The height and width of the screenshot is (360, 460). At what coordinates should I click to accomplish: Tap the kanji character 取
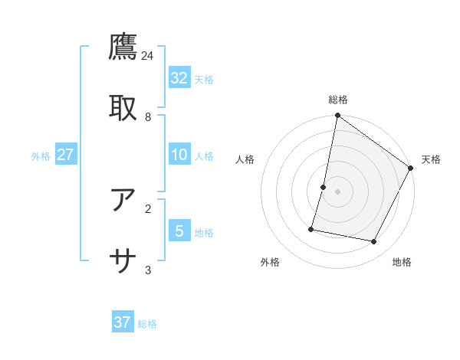point(123,106)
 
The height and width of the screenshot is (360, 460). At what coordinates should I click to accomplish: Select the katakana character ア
point(123,200)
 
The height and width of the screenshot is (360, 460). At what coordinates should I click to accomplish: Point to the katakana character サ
point(123,261)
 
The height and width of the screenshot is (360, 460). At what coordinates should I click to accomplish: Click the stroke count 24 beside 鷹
point(148,55)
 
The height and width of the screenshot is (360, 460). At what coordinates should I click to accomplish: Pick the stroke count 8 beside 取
point(148,116)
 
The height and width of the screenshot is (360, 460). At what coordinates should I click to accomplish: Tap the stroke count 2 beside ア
point(148,208)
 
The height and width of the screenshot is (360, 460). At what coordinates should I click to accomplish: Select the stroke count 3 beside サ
point(148,270)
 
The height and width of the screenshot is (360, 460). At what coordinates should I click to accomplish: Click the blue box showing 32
point(179,77)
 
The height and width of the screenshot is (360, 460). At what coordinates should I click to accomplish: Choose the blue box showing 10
point(179,155)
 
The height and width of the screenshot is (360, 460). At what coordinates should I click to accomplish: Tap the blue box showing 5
point(179,231)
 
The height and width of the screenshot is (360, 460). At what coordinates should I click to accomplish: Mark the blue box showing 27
point(66,155)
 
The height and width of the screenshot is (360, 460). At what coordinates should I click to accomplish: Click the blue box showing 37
point(123,322)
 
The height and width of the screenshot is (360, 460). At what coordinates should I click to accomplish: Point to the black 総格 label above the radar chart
point(338,100)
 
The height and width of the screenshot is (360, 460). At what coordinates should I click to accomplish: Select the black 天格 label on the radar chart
point(431,159)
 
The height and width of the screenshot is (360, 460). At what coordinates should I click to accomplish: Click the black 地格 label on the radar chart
point(402,262)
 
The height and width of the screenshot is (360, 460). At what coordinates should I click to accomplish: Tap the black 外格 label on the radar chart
point(270,262)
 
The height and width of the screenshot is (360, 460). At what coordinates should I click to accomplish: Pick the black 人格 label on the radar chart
point(245,159)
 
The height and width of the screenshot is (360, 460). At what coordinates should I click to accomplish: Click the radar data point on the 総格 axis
point(337,116)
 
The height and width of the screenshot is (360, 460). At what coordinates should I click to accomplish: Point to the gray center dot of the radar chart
point(337,191)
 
